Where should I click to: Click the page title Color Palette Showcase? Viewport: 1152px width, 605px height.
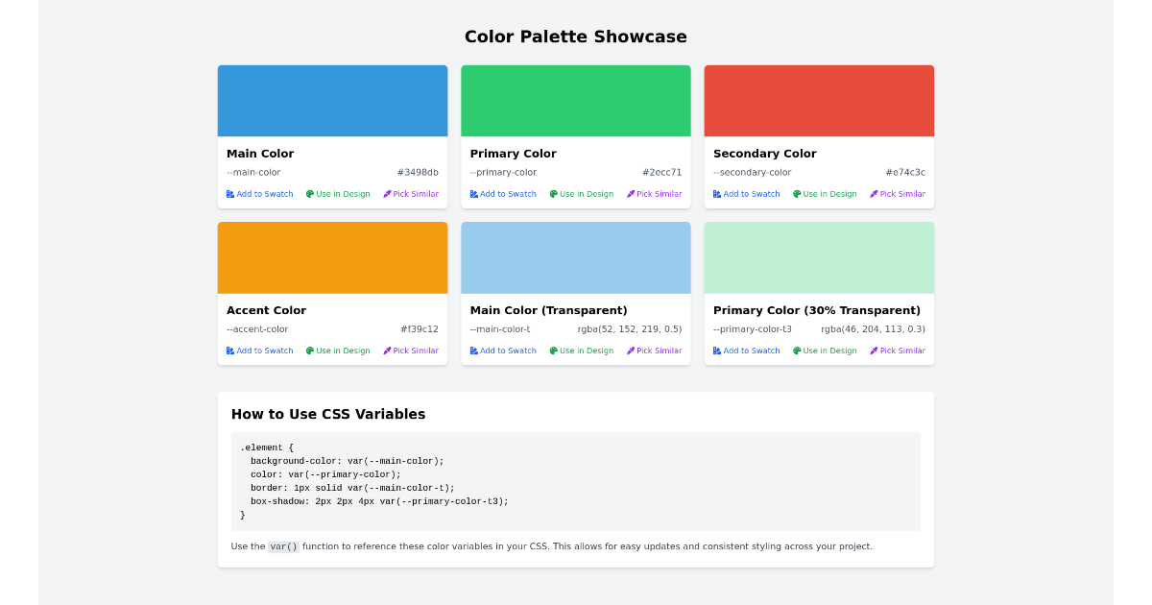click(575, 37)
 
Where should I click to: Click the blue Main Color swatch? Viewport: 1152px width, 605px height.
click(332, 101)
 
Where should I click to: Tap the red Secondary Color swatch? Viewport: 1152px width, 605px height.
click(819, 101)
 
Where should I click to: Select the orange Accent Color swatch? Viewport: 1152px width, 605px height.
click(332, 257)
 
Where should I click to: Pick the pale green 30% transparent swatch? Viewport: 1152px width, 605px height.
click(819, 257)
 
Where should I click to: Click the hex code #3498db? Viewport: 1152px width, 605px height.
click(418, 173)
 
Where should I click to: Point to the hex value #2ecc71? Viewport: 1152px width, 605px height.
click(661, 173)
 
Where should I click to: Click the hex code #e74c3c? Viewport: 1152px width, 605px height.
click(905, 173)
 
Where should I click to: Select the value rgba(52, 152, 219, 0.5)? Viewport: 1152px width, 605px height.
click(630, 329)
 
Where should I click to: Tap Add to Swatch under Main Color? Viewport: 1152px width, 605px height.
click(260, 194)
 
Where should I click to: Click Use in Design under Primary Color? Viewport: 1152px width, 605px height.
click(582, 194)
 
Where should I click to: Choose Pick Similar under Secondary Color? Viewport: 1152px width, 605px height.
click(898, 194)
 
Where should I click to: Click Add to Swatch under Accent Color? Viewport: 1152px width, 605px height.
click(260, 351)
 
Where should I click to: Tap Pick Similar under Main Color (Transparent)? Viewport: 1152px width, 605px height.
click(655, 351)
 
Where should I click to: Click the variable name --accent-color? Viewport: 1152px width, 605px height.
click(257, 329)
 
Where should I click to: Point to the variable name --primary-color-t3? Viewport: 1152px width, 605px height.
click(753, 329)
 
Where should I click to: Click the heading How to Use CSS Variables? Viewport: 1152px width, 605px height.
click(328, 415)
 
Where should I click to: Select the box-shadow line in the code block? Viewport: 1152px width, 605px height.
click(379, 501)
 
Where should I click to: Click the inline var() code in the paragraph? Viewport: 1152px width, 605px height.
click(283, 547)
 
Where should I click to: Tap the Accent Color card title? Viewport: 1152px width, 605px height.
click(267, 310)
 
